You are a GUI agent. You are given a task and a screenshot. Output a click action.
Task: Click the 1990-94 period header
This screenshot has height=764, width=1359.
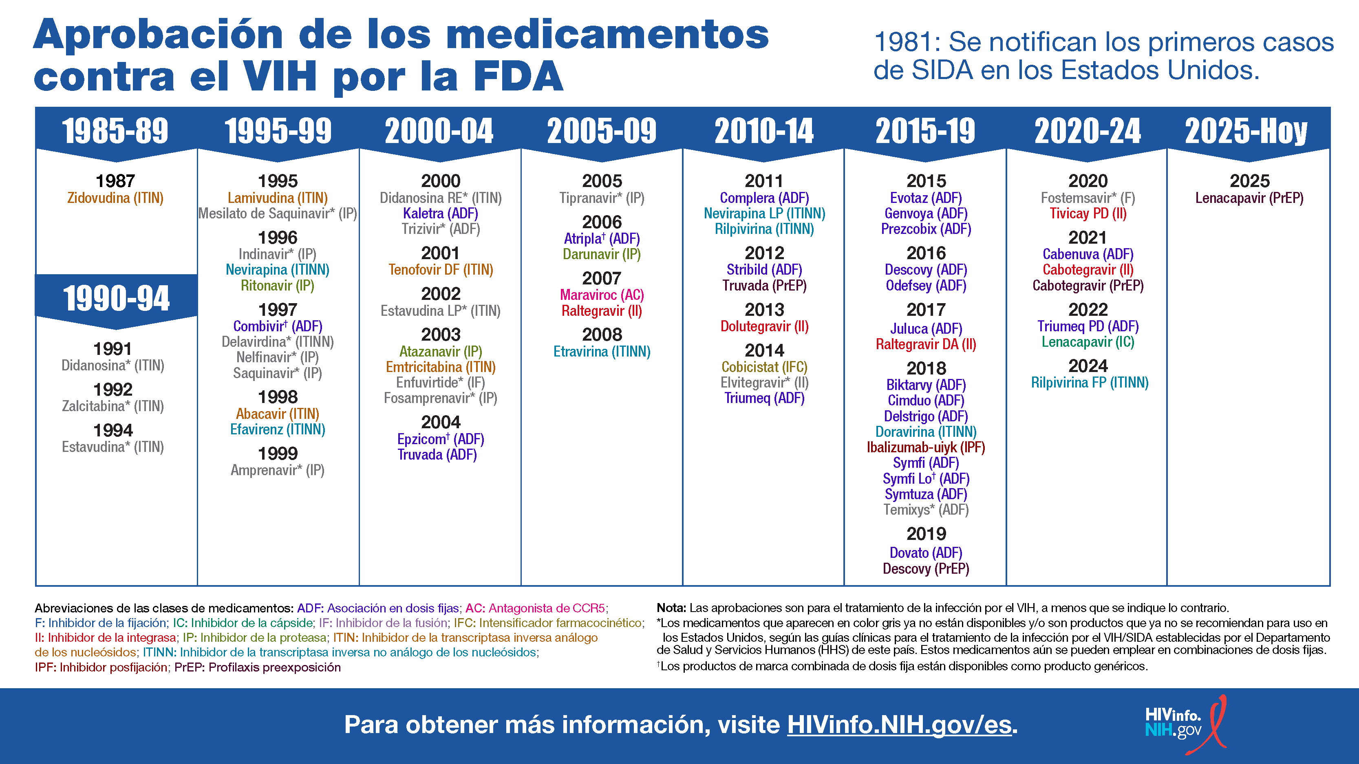tap(116, 298)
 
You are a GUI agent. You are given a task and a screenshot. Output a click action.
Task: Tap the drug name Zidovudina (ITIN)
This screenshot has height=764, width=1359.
tap(115, 198)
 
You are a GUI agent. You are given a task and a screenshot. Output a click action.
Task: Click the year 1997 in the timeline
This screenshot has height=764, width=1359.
tap(278, 310)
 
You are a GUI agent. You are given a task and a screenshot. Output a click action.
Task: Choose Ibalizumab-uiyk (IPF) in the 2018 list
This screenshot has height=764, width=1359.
tap(926, 448)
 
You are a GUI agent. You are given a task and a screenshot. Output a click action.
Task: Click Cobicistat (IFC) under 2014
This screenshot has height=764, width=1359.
tap(764, 367)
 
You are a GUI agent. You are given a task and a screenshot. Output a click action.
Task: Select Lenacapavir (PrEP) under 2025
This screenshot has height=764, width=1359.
tap(1249, 198)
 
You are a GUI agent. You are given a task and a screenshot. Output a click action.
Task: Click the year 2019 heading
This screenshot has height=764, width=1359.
tap(926, 534)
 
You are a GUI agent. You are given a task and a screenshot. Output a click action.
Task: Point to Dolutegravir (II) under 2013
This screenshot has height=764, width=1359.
tap(764, 326)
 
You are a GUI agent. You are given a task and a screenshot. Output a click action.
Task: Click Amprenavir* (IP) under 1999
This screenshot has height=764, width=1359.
tap(278, 470)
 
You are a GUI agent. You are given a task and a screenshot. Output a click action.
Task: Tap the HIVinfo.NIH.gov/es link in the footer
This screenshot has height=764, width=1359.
tap(899, 724)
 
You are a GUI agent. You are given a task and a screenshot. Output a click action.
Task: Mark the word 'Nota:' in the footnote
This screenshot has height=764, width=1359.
tap(671, 608)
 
